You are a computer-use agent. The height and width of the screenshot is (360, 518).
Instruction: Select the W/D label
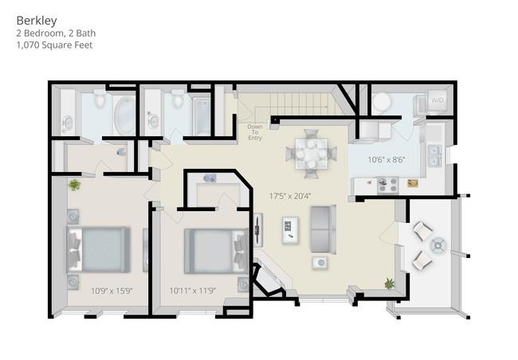tap(437, 100)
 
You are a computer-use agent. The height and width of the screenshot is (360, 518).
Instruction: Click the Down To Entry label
tap(254, 132)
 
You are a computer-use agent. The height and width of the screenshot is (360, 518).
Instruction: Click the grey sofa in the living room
tap(323, 229)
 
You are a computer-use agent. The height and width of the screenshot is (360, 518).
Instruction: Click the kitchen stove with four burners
tap(387, 184)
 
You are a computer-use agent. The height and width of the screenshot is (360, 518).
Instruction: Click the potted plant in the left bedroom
tap(74, 185)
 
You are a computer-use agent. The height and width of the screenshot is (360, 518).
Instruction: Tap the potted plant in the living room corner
tap(390, 283)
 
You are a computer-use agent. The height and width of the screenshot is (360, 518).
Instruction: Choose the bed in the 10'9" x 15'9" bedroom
tap(98, 249)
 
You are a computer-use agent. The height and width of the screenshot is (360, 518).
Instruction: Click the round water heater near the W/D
tap(382, 101)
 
